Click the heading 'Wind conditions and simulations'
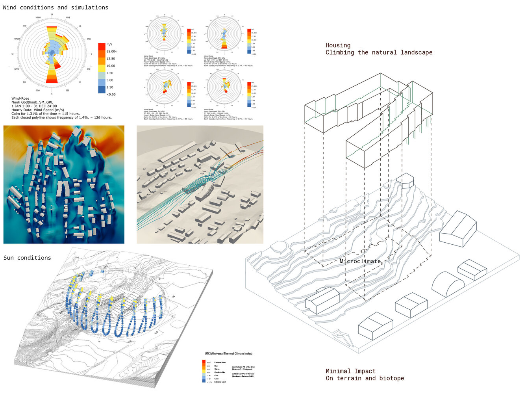tap(56, 7)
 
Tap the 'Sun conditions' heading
tap(27, 258)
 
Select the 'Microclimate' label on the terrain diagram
tap(360, 261)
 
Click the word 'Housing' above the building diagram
tap(338, 45)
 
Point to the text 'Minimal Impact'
tap(350, 371)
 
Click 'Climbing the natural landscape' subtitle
tap(379, 53)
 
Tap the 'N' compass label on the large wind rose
tap(52, 15)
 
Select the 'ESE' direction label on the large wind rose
tap(89, 69)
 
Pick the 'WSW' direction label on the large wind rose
tap(17, 69)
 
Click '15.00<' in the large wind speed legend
tap(112, 52)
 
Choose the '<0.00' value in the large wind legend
tap(111, 95)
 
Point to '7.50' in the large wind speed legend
tap(110, 73)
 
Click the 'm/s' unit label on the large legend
tap(109, 45)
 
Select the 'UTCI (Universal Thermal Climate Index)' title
tap(228, 353)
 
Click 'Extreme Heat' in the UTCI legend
tap(220, 362)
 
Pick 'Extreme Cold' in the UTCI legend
tap(220, 382)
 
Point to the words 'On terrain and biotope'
tap(365, 378)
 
